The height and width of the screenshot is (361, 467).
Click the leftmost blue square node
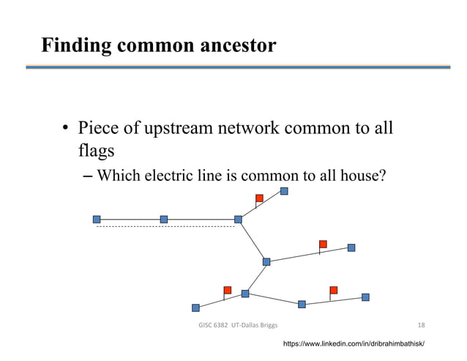pos(97,219)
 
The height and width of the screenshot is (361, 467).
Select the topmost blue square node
pos(284,191)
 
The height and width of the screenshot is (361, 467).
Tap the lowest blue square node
pos(195,308)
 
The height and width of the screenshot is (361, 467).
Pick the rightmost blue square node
pos(365,297)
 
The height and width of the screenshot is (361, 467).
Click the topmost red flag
pos(259,198)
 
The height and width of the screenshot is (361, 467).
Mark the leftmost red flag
pos(227,290)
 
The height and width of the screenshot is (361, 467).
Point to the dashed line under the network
pos(165,227)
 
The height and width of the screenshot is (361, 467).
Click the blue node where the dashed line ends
pos(238,219)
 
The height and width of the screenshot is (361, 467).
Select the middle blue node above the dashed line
pos(164,219)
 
